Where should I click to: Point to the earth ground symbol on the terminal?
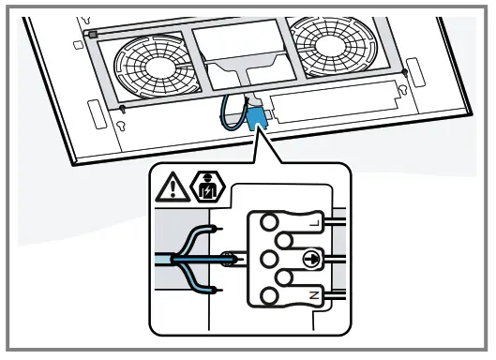[x=309, y=258]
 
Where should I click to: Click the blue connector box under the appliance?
[x=255, y=118]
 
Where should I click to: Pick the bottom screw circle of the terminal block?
[x=271, y=297]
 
